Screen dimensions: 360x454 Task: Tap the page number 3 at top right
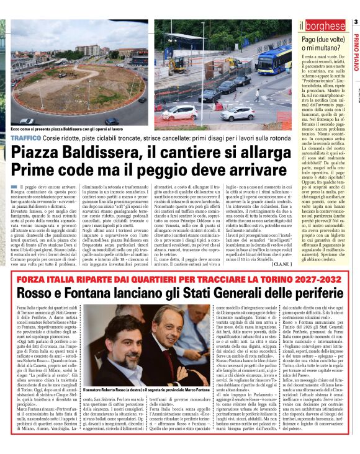(x=356, y=24)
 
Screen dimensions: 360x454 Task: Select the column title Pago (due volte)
(x=322, y=39)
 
